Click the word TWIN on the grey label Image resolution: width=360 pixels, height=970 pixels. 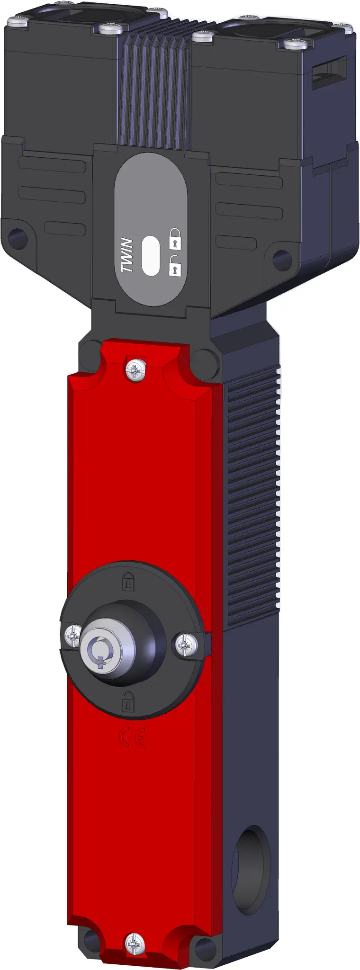coord(127,255)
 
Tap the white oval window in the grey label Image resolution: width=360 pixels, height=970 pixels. coord(151,255)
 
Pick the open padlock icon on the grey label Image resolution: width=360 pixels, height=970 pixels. coord(175,266)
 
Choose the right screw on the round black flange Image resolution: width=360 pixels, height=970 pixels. coord(187,644)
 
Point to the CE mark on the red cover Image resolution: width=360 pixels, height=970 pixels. coord(132,737)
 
